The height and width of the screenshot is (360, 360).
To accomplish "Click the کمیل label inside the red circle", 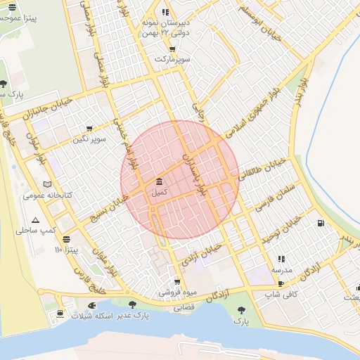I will [160, 191].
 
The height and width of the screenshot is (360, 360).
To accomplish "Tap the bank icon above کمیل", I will [160, 181].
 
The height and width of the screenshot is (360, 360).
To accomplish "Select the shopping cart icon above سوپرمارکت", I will [172, 49].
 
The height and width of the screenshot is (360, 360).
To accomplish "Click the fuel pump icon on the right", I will [321, 224].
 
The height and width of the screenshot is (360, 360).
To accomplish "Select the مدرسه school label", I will [282, 269].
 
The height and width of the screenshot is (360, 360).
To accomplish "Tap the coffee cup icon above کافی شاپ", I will [281, 283].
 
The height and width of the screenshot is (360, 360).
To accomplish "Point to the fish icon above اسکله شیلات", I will [91, 306].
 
